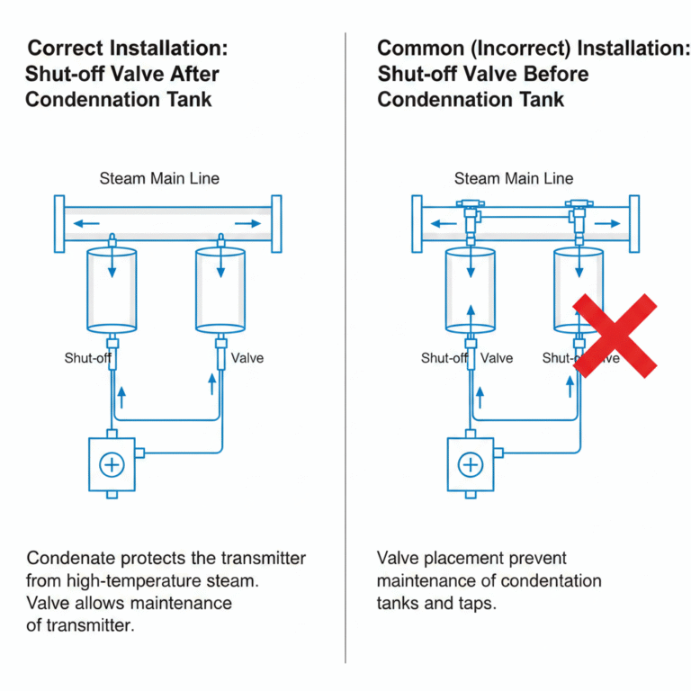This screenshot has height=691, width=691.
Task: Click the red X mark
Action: tap(615, 335)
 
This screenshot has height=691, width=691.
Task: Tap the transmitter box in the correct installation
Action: tap(112, 464)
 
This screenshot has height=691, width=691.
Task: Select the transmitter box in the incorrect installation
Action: tap(471, 464)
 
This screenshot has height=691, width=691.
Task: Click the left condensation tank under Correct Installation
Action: tap(112, 289)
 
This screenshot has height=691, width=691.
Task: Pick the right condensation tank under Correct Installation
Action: tap(220, 289)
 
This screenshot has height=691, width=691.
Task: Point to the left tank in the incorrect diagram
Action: tap(471, 289)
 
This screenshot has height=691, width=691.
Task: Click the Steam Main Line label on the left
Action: tap(159, 178)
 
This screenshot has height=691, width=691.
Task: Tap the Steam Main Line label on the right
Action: tap(514, 178)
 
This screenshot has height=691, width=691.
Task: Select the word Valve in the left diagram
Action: tap(247, 358)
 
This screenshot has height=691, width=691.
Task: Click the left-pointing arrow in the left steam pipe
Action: tap(86, 223)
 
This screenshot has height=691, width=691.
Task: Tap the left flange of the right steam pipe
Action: tap(417, 224)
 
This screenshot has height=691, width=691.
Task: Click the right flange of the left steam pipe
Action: tap(274, 224)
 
